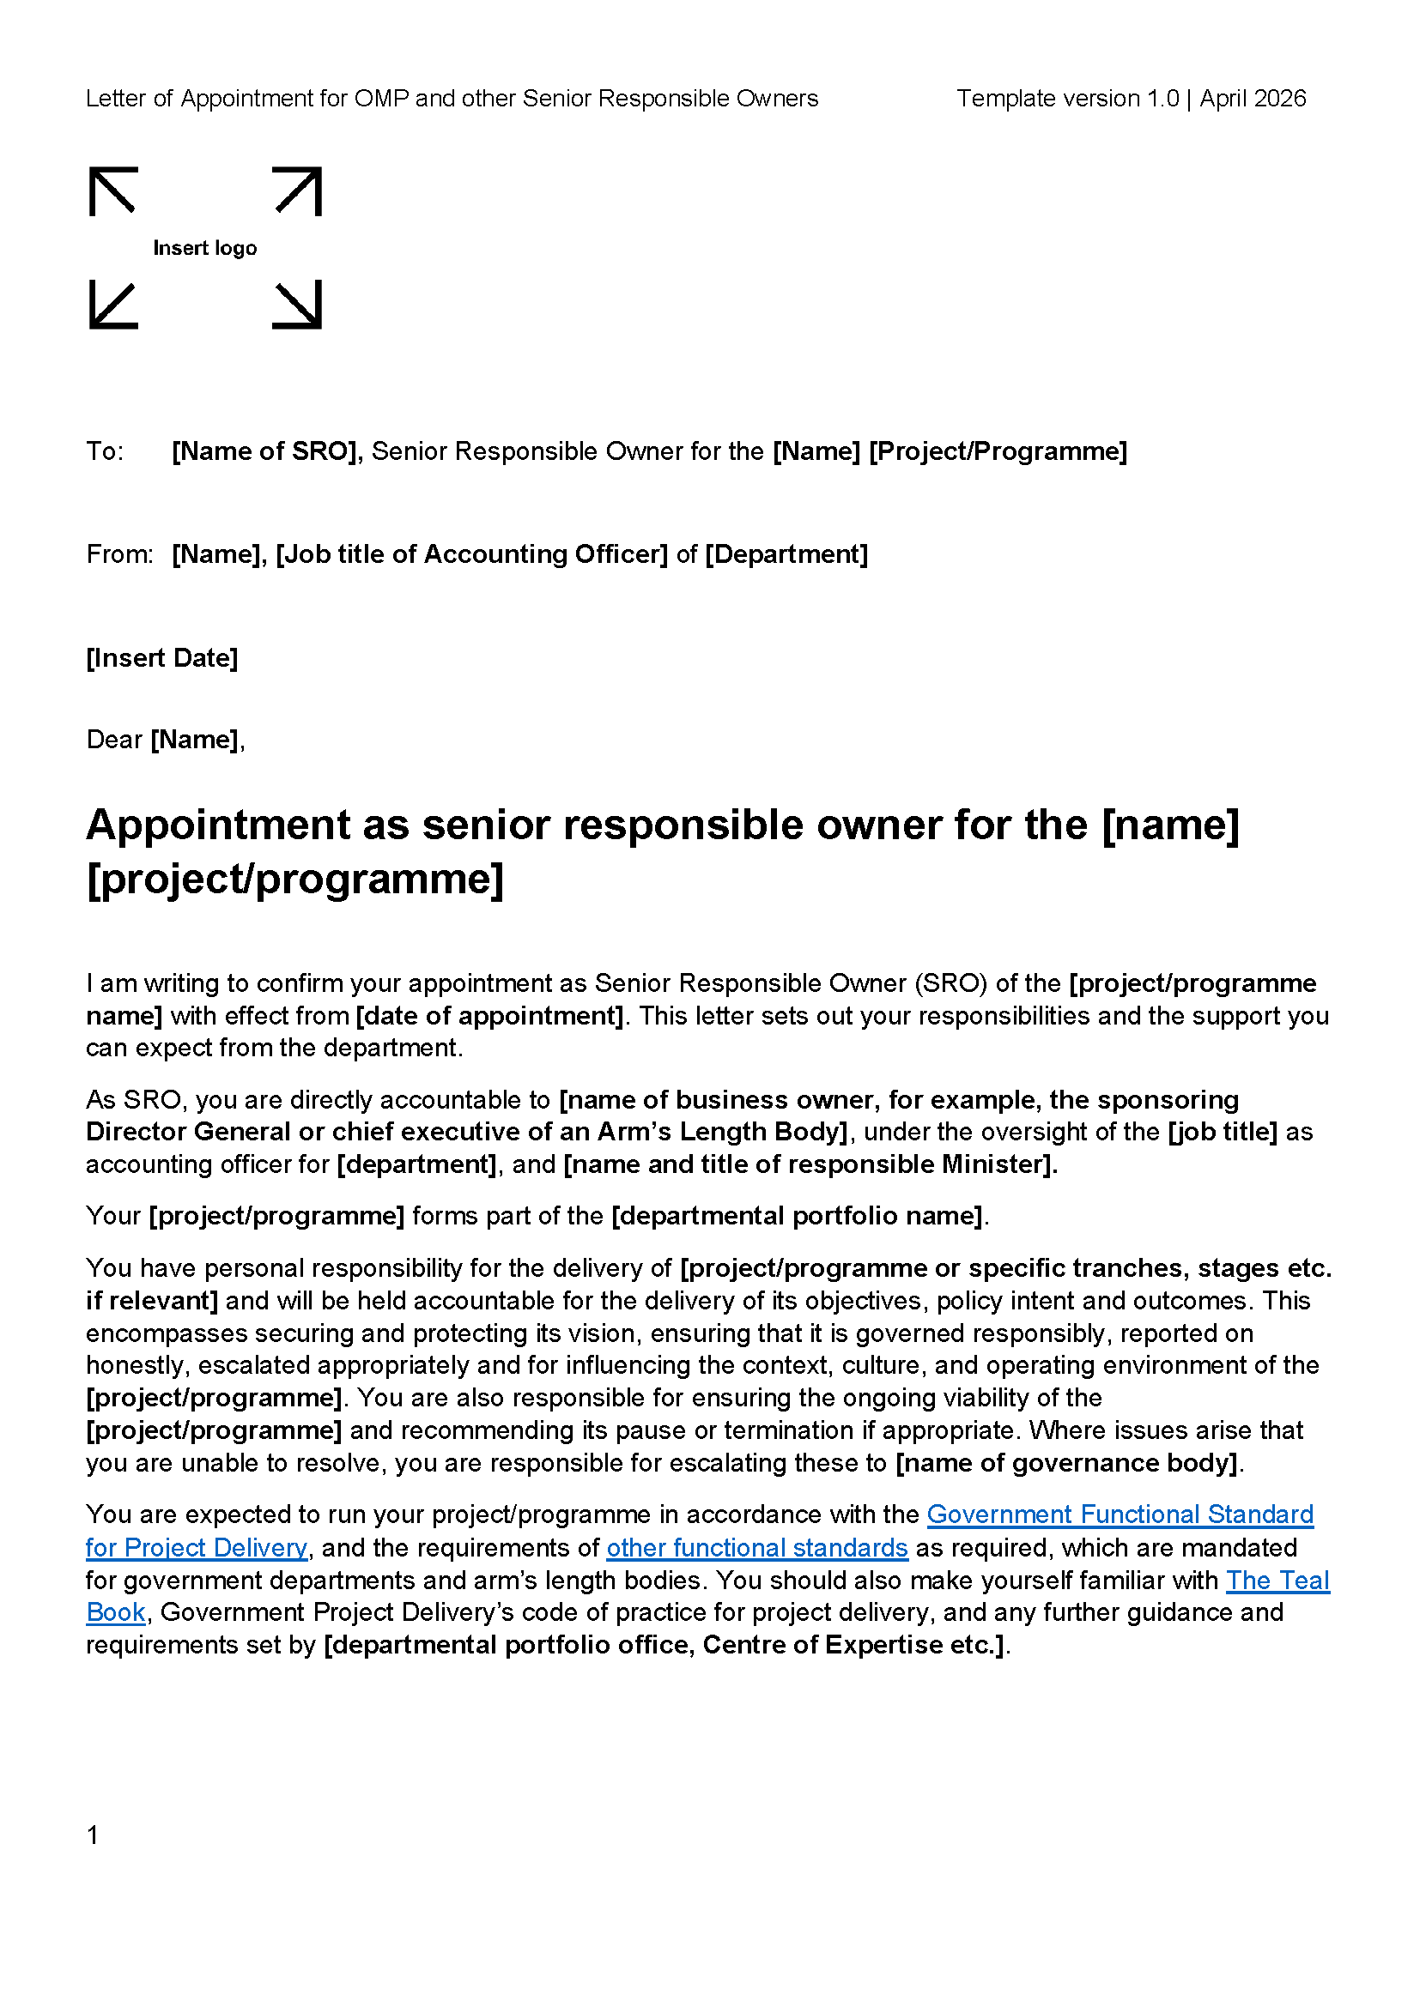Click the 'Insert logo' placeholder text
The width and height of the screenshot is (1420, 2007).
point(204,248)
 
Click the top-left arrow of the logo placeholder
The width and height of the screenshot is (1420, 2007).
point(112,190)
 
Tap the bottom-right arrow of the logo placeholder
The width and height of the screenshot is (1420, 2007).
point(298,305)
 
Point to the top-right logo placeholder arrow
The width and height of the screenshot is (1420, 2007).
point(298,190)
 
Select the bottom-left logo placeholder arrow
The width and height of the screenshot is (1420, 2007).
point(112,305)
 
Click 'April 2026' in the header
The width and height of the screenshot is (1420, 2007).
point(1252,99)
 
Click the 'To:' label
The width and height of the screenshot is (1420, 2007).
point(105,452)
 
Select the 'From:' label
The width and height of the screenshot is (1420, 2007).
point(120,555)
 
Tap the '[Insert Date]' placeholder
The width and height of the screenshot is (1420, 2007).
point(161,658)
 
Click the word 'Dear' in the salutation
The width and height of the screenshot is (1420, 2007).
point(114,741)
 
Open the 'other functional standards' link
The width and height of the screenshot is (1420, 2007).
point(757,1548)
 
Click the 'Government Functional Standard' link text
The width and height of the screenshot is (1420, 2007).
point(1120,1514)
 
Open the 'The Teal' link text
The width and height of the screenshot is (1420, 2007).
point(1277,1581)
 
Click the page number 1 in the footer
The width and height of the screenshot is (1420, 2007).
point(93,1835)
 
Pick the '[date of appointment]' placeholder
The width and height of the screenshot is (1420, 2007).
point(489,1017)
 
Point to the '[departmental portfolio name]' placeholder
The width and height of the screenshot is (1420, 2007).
point(798,1217)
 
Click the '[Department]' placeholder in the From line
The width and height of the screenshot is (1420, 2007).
point(786,555)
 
